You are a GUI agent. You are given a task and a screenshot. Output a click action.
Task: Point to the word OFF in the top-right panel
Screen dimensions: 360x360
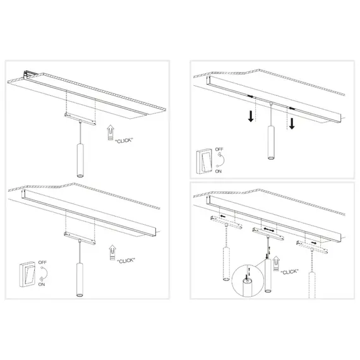pos(220,150)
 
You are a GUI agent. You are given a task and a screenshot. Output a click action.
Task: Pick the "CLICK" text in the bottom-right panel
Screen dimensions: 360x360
pos(290,272)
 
